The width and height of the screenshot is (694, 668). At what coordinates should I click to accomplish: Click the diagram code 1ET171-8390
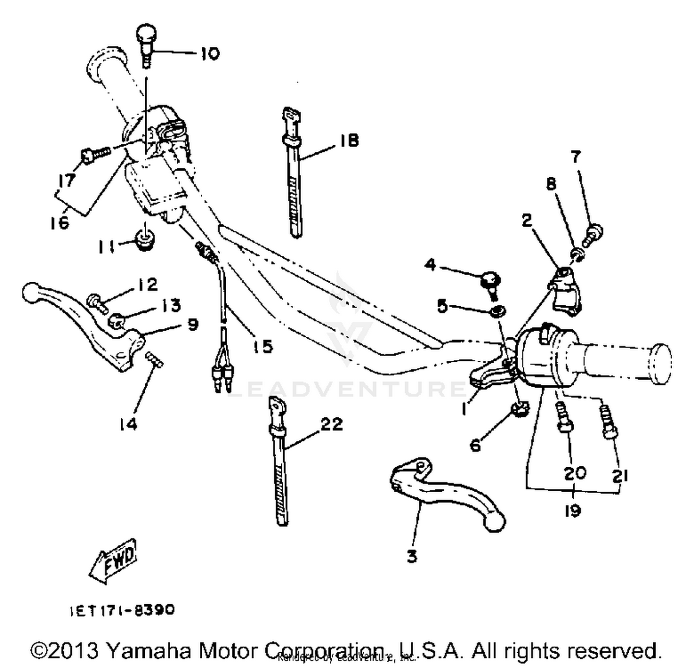pos(122,610)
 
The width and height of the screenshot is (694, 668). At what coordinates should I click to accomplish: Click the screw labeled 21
pos(608,422)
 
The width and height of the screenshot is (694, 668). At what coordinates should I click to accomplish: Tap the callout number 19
pos(572,511)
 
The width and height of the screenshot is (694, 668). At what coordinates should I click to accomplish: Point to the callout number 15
pos(262,346)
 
